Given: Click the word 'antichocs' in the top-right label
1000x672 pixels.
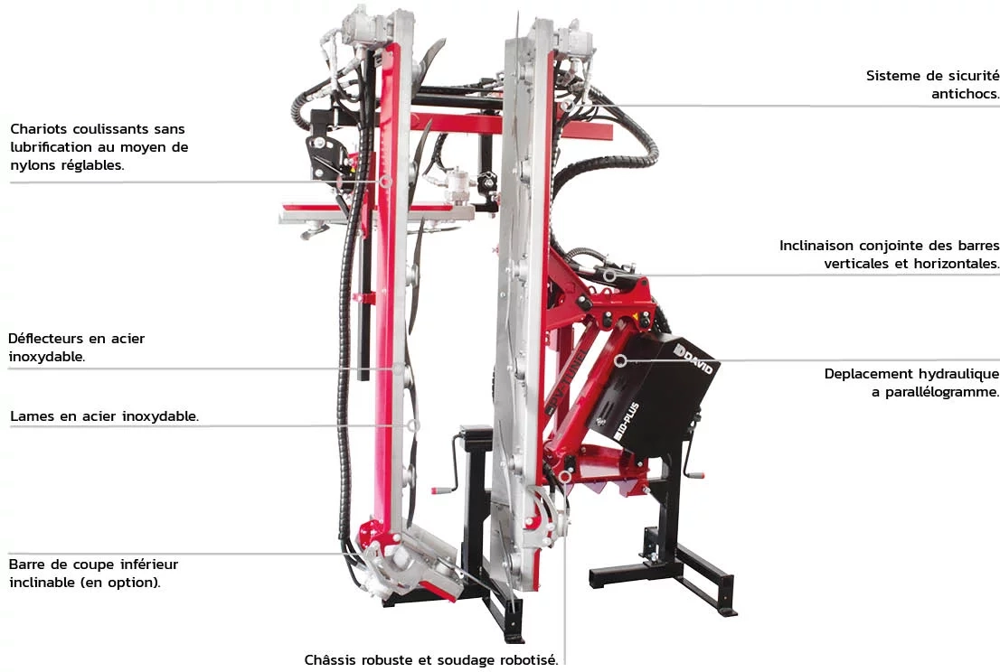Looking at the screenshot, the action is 964,94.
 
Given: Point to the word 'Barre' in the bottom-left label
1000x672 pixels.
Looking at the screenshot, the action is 28,565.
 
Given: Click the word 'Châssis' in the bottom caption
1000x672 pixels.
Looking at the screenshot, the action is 330,660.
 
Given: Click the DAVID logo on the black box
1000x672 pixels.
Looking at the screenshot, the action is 693,359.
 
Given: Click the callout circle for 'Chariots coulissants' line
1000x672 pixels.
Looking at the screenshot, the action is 385,182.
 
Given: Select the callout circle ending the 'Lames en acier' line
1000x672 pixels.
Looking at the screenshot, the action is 413,425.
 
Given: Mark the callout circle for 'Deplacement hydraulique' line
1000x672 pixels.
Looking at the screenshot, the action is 620,360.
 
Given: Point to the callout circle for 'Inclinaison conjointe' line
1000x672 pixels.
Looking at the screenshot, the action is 609,275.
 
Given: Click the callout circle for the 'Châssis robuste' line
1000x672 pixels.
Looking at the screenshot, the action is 565,476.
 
